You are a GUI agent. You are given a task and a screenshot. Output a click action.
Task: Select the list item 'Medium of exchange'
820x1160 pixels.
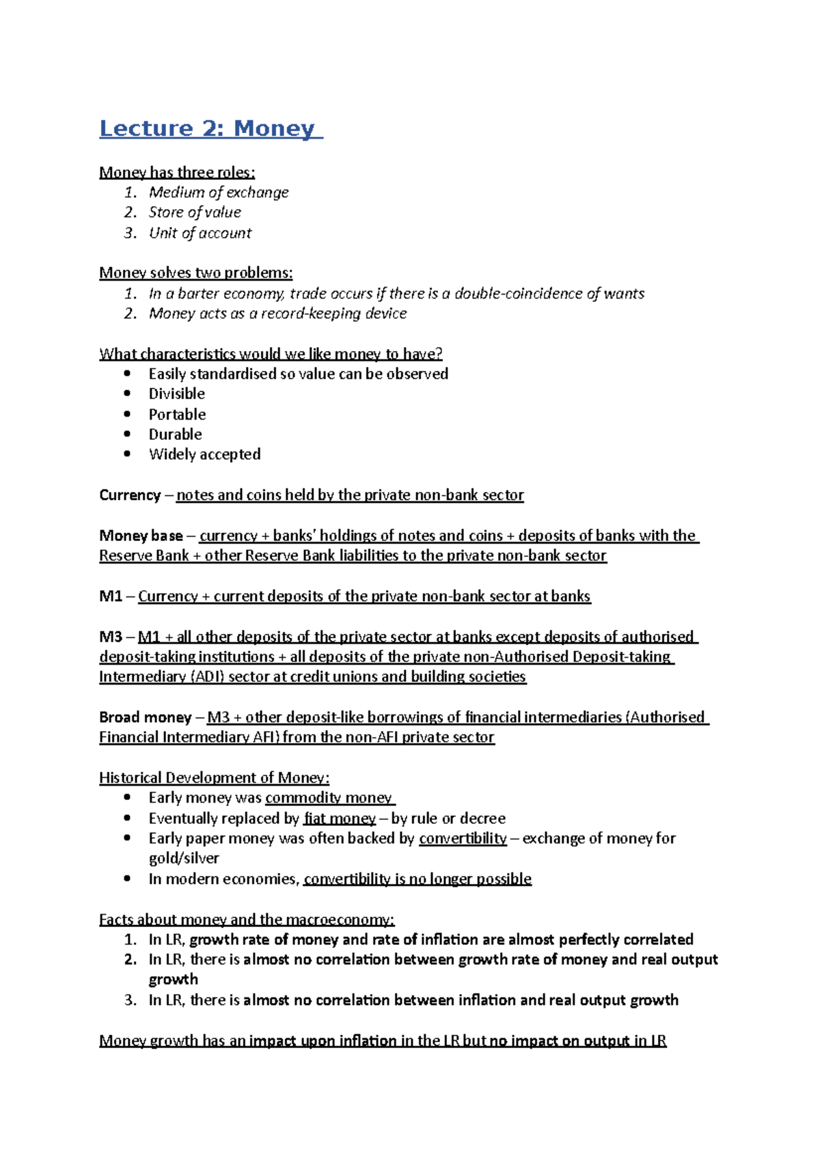coord(219,193)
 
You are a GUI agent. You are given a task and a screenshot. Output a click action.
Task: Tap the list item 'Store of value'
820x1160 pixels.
coord(195,212)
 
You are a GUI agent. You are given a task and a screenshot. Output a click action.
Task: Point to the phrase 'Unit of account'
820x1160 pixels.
coord(200,233)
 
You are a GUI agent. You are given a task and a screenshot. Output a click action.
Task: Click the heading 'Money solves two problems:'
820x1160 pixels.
coord(195,273)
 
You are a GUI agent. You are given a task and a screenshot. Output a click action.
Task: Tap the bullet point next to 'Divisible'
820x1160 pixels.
coord(127,393)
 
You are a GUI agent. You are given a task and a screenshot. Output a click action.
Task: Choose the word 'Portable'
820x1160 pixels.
coord(177,415)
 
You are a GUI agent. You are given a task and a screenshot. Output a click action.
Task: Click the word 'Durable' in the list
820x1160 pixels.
coord(175,434)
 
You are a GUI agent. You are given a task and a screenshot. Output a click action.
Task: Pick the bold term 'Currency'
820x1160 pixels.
coord(130,495)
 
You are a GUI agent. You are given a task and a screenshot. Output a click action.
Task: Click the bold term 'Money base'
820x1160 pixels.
coord(141,536)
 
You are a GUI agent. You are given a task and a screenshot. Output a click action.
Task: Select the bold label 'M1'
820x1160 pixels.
coord(110,596)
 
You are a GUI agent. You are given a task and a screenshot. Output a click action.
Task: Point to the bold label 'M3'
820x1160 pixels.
coord(110,637)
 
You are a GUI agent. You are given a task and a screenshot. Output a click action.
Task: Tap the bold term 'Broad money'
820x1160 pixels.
coord(145,717)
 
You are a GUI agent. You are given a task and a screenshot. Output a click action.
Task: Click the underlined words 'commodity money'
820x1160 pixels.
coord(329,798)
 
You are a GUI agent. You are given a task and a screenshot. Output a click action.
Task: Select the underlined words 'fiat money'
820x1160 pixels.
coord(340,818)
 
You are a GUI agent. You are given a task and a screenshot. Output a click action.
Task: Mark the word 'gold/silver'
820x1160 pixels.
coord(184,859)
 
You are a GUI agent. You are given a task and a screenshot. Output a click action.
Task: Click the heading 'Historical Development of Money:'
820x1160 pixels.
coord(214,778)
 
